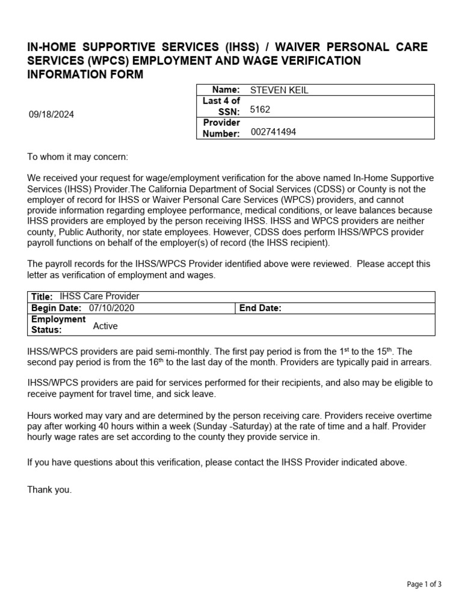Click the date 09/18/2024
click(51, 114)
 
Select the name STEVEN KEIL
click(279, 90)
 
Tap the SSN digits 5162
click(260, 110)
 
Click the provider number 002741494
click(273, 132)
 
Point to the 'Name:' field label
click(227, 90)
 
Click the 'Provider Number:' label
click(221, 128)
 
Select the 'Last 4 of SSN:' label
click(221, 106)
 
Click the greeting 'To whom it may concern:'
click(78, 157)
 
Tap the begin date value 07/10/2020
click(112, 308)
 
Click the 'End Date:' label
click(260, 308)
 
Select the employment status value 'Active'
click(105, 326)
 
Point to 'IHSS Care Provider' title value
click(99, 296)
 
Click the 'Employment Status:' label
click(50, 324)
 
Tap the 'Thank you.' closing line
click(49, 490)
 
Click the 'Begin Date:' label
click(57, 308)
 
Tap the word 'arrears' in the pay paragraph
click(415, 363)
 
